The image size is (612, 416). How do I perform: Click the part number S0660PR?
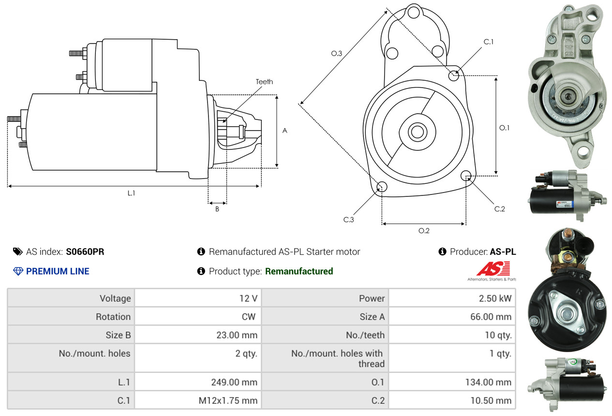[85, 252]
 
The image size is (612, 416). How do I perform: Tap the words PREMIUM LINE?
[58, 271]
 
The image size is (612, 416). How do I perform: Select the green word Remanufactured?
[299, 271]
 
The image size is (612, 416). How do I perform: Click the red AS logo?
[493, 268]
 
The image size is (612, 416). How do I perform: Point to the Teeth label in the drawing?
[264, 82]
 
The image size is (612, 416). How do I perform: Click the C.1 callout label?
[489, 42]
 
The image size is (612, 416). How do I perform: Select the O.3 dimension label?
[337, 54]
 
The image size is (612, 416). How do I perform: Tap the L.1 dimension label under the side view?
[131, 193]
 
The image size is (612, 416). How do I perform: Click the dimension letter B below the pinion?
[217, 209]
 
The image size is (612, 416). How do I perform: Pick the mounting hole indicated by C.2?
[466, 175]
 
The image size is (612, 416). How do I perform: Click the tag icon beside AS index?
[17, 252]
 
